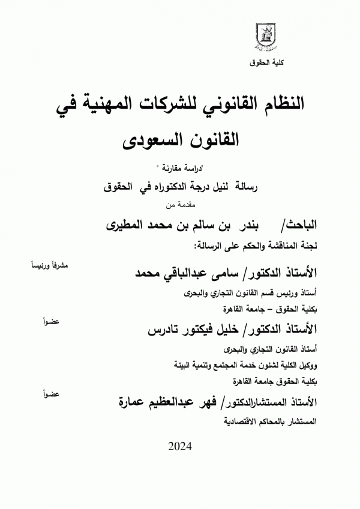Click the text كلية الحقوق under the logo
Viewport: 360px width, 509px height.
coord(265,62)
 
